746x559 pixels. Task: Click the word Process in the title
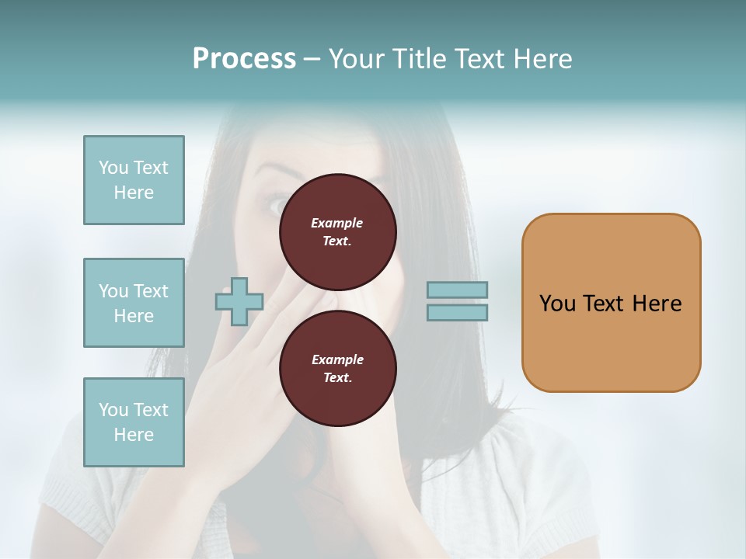tap(244, 59)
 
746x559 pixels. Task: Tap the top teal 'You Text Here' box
tap(134, 180)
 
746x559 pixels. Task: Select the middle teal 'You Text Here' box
tap(134, 303)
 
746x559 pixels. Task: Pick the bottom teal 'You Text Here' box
tap(134, 422)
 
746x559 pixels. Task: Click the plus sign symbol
tap(239, 300)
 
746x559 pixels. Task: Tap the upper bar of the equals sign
tap(457, 290)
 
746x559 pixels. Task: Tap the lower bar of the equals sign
tap(457, 312)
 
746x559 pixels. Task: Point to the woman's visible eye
tap(278, 205)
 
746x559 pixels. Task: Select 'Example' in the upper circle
tap(337, 223)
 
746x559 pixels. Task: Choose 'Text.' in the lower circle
tap(337, 377)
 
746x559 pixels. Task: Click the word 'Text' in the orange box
tap(604, 304)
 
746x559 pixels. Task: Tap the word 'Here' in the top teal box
tap(134, 193)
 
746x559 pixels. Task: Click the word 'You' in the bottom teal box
tap(113, 410)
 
